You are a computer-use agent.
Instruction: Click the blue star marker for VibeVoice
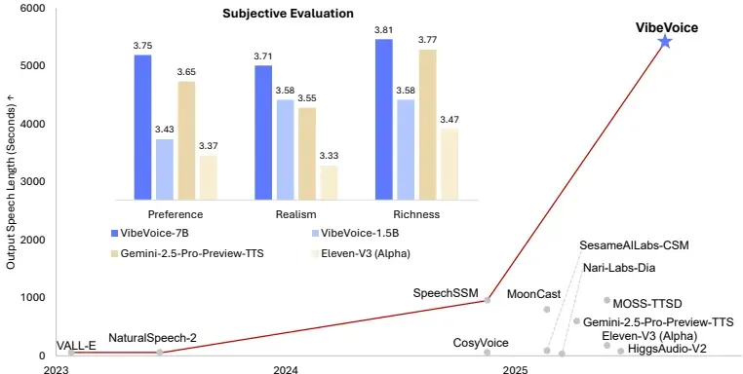665,41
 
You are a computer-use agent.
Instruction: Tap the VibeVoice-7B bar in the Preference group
142,127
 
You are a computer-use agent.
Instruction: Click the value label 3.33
329,156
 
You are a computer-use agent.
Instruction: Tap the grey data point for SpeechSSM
488,300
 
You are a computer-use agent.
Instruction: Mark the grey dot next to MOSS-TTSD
606,301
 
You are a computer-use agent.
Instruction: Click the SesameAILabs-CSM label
633,244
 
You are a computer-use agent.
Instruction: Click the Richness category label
413,214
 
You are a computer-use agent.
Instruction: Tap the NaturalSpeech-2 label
152,338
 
